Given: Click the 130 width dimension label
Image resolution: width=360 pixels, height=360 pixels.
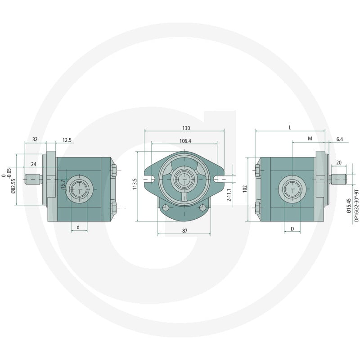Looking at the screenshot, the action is coord(186,128).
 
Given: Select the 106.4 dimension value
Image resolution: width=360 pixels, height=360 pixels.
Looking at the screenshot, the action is coord(185,141).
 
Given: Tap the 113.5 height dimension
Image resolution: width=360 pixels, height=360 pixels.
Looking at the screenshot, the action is coord(135,184).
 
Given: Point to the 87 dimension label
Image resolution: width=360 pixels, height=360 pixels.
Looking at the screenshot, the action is coord(185,231).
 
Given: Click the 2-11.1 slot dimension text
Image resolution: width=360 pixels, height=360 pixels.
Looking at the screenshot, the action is coord(229,195).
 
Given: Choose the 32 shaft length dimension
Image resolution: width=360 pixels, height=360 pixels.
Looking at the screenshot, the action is coord(35,139).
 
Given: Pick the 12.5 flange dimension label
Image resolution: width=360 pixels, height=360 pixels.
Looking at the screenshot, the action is coord(67,140).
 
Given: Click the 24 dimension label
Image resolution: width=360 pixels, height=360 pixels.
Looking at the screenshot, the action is coord(34,164).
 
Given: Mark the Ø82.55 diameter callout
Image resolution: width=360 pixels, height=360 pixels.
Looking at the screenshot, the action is coord(13,186).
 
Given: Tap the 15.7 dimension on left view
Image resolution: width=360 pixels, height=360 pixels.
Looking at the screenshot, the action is coord(63,184).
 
